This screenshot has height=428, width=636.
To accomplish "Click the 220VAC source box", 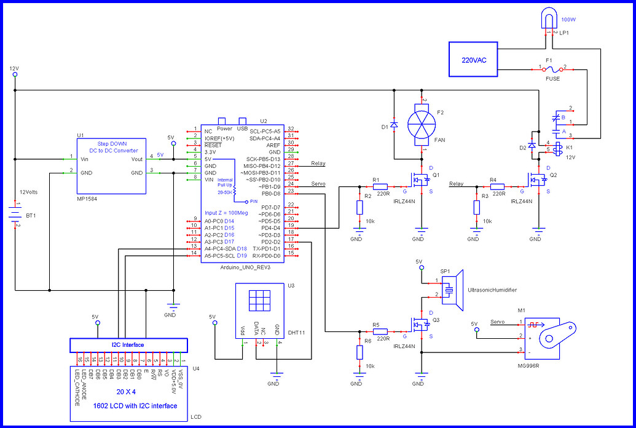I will pos(473,59).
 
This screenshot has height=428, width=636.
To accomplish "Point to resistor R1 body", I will pos(381,186).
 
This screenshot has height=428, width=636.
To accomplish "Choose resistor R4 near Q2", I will pos(498,186).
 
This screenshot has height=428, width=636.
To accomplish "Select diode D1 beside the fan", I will pos(394,125).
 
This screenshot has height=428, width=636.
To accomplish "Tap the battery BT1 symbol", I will pos(15,214).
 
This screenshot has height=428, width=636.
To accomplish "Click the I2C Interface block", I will pos(128,344).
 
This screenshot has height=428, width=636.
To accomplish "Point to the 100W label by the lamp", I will pos(569,20).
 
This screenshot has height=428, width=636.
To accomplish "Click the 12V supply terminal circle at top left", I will pos(15,74).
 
